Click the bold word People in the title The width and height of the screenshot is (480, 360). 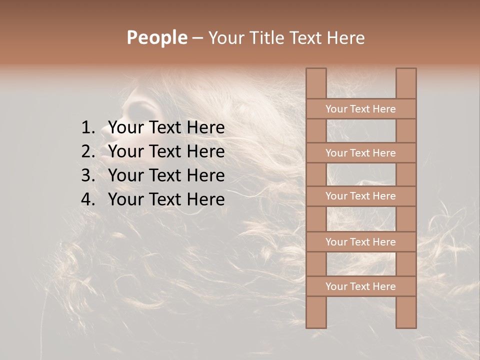coord(157,38)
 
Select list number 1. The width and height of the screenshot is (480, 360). coord(87,128)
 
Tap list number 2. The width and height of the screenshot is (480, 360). coord(87,151)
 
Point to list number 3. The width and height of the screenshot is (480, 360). coord(87,175)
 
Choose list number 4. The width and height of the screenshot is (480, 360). coord(87,199)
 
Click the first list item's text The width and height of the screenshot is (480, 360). coord(166,128)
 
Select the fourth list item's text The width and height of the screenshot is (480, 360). coord(166,199)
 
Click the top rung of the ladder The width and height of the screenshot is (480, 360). coord(360,109)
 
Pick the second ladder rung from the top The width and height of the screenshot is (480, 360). coord(360,153)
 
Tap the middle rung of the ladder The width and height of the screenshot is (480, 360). coord(360,196)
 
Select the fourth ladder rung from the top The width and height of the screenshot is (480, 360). coord(360,242)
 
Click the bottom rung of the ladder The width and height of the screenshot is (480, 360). coord(360,286)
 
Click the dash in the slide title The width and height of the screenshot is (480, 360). coord(197,38)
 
